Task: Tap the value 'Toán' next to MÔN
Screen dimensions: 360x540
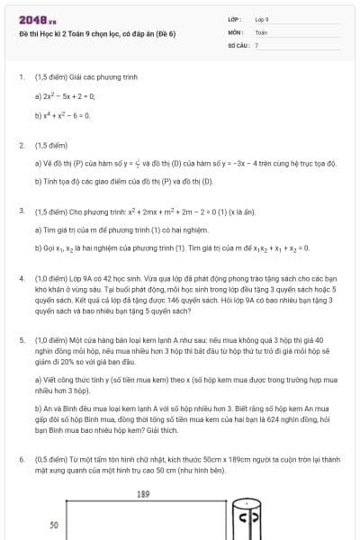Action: [261, 32]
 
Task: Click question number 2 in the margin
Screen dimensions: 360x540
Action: [21, 145]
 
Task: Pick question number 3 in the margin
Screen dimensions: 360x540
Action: [21, 211]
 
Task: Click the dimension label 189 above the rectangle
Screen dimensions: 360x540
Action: [142, 494]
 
